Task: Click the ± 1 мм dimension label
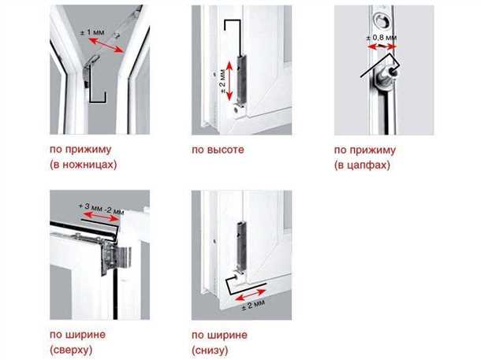[x=92, y=32]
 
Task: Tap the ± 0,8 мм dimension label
[x=382, y=38]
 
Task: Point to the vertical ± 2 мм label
[x=222, y=82]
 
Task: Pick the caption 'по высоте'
[x=218, y=150]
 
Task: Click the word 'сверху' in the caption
[x=71, y=350]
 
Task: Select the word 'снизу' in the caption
[x=210, y=350]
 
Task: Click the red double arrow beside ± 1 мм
[x=106, y=46]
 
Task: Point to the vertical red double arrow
[x=229, y=81]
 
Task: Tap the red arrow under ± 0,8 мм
[x=382, y=47]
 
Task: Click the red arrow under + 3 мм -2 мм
[x=102, y=216]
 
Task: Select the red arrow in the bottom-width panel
[x=250, y=295]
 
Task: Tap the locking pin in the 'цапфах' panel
[x=387, y=75]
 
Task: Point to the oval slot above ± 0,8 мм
[x=382, y=20]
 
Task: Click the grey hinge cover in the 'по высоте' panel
[x=242, y=80]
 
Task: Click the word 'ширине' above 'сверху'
[x=87, y=335]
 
